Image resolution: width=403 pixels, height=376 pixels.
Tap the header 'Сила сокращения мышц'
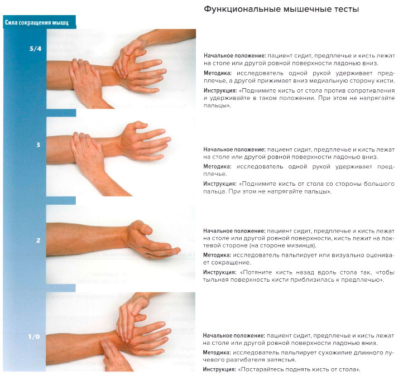click(37, 23)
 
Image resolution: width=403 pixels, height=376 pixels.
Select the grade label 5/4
click(35, 49)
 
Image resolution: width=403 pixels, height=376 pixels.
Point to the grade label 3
click(38, 145)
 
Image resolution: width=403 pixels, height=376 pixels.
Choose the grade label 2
click(38, 240)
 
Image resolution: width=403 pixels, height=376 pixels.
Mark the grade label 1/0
click(35, 337)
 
